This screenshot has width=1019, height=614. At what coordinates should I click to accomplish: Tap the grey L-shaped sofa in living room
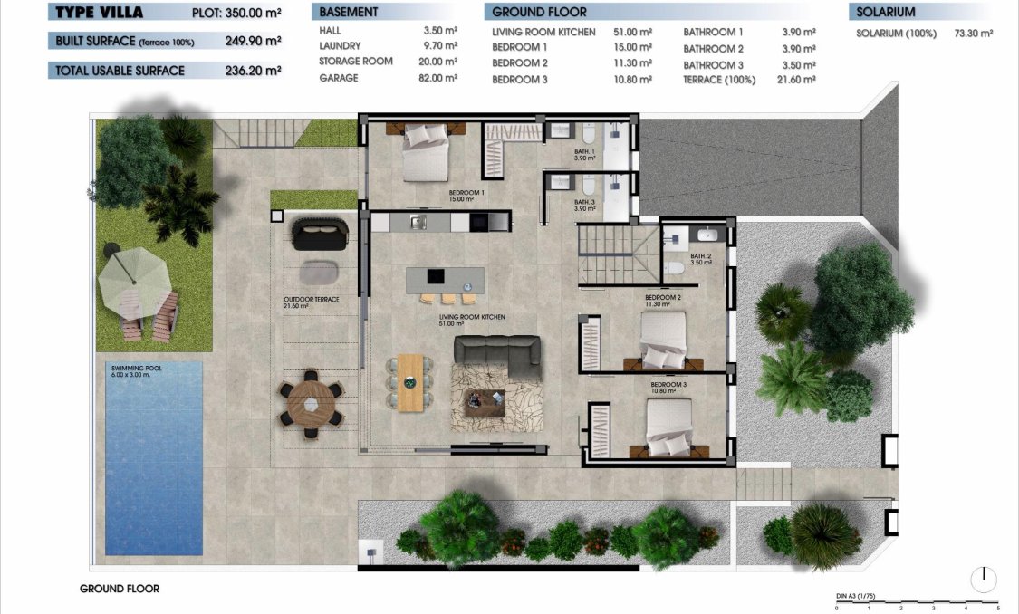497,355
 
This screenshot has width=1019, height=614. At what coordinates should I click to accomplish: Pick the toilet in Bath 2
673,268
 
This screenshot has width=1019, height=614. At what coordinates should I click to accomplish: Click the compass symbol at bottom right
983,578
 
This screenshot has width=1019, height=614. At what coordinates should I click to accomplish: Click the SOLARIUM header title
886,12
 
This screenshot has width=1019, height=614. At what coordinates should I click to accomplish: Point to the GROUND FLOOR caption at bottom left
120,589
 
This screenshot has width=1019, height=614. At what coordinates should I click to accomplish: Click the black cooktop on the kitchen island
436,275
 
